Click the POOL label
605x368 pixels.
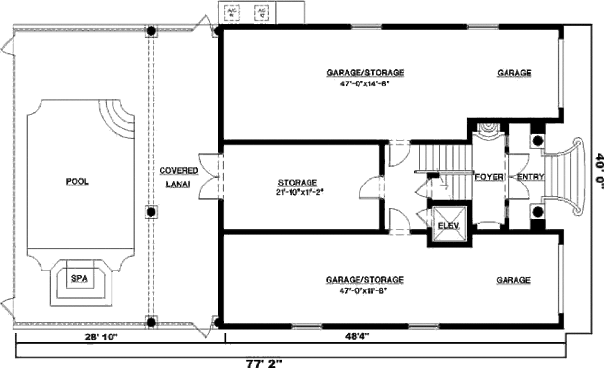point(77,181)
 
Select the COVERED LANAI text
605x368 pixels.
point(179,176)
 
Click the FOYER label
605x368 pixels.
point(488,177)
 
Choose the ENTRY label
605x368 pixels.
point(531,177)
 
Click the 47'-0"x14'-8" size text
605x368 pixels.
point(365,83)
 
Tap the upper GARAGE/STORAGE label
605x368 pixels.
point(365,73)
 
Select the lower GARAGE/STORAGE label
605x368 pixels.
point(365,279)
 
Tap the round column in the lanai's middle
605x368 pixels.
point(151,211)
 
